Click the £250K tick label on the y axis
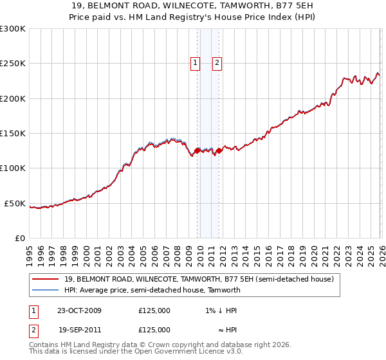tap(12, 64)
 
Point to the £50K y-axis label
tap(15, 203)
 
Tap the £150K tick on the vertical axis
tap(12, 133)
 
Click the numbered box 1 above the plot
tap(196, 63)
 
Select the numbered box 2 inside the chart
tap(217, 63)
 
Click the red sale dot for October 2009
tap(197, 151)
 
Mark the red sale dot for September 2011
tap(219, 151)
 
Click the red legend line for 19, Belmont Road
tap(45, 280)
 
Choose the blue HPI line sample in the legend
tap(45, 291)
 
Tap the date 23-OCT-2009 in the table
tap(79, 310)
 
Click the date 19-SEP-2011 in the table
tap(79, 329)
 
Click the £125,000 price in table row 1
tap(154, 310)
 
